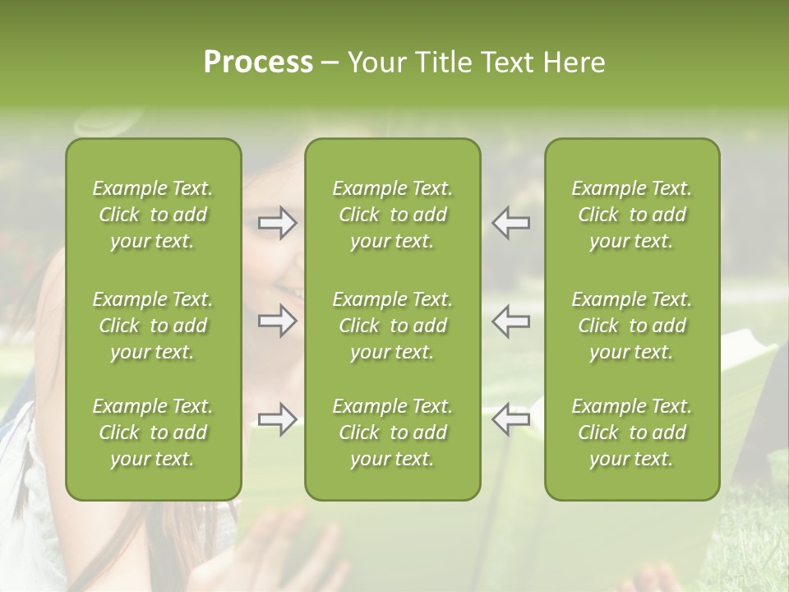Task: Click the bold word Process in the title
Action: (x=258, y=62)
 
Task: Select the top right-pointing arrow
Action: (x=277, y=223)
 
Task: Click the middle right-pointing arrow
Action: (x=277, y=321)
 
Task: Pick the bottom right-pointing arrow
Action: (x=277, y=419)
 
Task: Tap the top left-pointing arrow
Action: (x=511, y=223)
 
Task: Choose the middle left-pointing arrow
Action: (x=511, y=321)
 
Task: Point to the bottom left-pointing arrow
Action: (x=511, y=419)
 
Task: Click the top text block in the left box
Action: (x=153, y=215)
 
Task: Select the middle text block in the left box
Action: (x=153, y=326)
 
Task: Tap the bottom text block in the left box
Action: (x=153, y=432)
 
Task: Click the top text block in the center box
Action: (x=392, y=215)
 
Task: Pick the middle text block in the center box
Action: (x=392, y=326)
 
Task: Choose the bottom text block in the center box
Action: (x=392, y=432)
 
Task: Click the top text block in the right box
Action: (x=632, y=215)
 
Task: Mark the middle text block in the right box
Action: (x=632, y=326)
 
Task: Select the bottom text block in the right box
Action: (x=632, y=432)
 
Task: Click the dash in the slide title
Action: (x=330, y=63)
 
